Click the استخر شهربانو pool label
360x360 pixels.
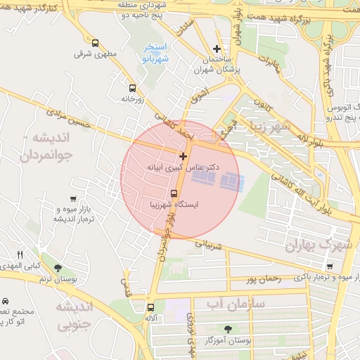[155, 53]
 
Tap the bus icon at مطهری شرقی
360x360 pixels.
[95, 43]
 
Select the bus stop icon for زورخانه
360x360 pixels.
[132, 88]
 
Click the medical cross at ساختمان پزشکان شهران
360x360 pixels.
[217, 49]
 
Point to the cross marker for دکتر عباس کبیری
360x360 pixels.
[184, 156]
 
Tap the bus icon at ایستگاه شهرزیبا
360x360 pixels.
[174, 193]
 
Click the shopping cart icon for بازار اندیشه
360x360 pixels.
[74, 200]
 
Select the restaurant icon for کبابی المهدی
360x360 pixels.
[20, 255]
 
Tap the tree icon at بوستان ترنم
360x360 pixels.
[58, 268]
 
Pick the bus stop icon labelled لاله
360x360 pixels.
[150, 307]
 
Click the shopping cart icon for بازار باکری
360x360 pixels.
[330, 266]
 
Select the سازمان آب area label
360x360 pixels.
[235, 302]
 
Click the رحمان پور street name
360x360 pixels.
[263, 279]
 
